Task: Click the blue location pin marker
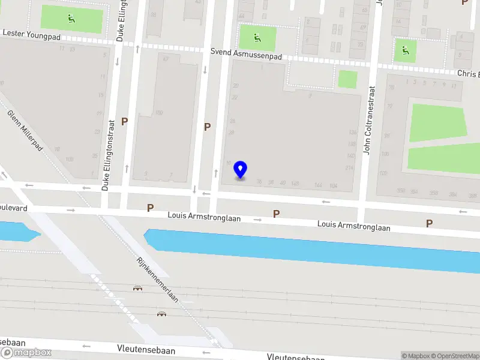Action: (241, 170)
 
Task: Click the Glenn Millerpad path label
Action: (25, 130)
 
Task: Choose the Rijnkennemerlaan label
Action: (158, 281)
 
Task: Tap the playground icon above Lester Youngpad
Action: (71, 19)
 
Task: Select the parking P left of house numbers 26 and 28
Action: (207, 127)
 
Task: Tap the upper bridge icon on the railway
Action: (137, 288)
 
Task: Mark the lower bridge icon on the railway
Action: (161, 314)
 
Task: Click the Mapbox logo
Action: (26, 353)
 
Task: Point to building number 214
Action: (349, 167)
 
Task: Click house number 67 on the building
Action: (166, 59)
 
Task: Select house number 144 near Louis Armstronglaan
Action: (318, 184)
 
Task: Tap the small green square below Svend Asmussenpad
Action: (347, 79)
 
